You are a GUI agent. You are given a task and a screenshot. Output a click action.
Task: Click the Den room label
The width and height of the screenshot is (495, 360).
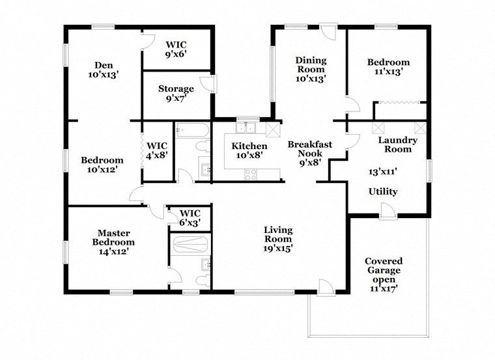coord(103,70)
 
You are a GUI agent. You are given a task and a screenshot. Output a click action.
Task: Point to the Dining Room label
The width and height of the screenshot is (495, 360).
coord(311,69)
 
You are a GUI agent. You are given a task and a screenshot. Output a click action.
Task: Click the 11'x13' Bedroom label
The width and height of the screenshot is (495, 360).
coord(388,67)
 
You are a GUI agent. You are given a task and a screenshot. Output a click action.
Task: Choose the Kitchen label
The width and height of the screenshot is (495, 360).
coord(249,151)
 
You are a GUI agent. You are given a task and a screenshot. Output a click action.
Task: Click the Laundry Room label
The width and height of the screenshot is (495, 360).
coord(397,145)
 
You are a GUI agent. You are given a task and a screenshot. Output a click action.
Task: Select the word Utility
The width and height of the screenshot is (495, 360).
coord(383,192)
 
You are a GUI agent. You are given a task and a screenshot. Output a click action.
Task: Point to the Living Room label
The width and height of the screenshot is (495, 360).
coord(278,238)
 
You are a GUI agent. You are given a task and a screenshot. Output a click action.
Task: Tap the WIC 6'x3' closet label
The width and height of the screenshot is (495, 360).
coord(190,217)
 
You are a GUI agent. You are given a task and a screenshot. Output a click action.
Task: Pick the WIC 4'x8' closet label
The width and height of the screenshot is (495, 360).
coord(157,150)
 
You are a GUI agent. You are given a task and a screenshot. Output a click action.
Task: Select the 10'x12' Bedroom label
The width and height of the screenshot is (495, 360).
coord(102,165)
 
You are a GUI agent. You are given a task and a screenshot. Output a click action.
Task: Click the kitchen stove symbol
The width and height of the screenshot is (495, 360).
coord(251,174)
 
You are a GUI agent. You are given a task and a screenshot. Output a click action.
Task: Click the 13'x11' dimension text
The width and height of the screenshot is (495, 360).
coord(383,172)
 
